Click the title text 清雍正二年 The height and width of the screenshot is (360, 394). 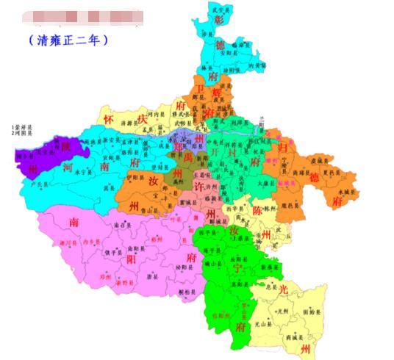pos(68,41)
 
